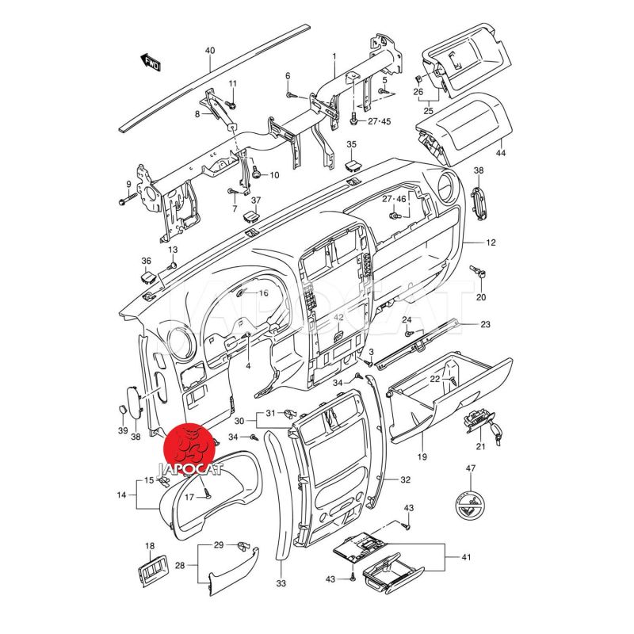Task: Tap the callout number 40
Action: coord(210,51)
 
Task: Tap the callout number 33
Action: coord(281,582)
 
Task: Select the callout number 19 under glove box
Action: coord(422,458)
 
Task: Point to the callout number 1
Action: coord(334,57)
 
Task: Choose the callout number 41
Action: coord(466,558)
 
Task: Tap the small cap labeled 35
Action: coord(353,165)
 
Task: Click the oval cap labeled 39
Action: coord(123,410)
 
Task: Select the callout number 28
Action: coord(180,566)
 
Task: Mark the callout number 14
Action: coord(122,495)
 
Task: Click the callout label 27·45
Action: coord(380,121)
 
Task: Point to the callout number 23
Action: coord(485,324)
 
